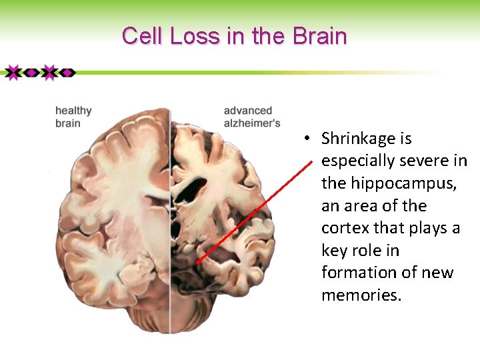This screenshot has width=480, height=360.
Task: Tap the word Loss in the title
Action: click(x=194, y=36)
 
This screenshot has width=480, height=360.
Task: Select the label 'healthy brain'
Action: click(x=73, y=117)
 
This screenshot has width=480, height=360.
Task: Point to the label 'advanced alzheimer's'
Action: click(x=251, y=117)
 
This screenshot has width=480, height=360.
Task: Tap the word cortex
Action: click(x=345, y=228)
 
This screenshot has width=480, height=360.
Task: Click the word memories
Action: click(x=361, y=295)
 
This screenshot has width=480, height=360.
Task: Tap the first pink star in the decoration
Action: click(x=13, y=72)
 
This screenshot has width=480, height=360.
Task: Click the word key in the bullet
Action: click(x=335, y=250)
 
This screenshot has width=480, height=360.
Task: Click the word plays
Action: click(x=427, y=228)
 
